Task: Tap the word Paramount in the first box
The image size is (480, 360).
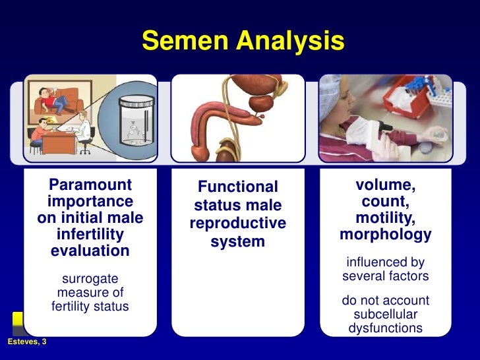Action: tap(90, 185)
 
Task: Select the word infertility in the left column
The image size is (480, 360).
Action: tap(90, 234)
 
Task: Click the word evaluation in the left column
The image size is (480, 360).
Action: tap(90, 251)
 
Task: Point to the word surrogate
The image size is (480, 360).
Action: tap(90, 280)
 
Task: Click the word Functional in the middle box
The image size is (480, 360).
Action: tap(238, 187)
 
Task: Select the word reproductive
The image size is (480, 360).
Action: tap(238, 224)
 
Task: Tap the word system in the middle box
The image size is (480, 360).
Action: tap(238, 242)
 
